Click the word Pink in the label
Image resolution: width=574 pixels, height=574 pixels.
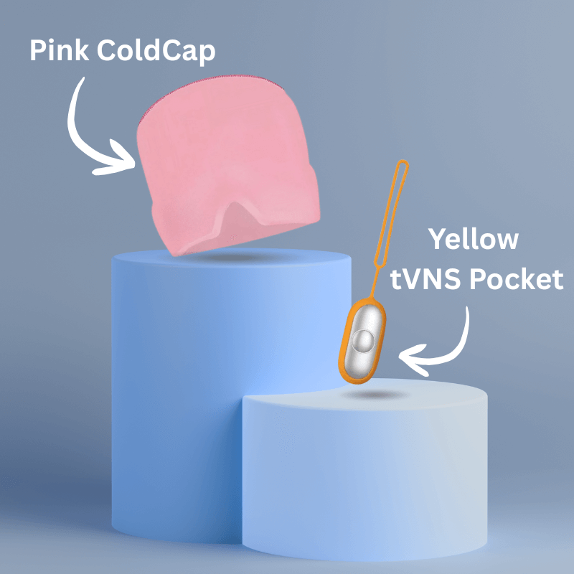[59, 50]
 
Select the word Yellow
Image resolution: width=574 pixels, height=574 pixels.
[474, 240]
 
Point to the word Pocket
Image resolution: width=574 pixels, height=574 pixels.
[516, 279]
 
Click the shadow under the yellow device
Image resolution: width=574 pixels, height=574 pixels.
[373, 395]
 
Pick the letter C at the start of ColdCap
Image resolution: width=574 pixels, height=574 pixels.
[107, 50]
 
